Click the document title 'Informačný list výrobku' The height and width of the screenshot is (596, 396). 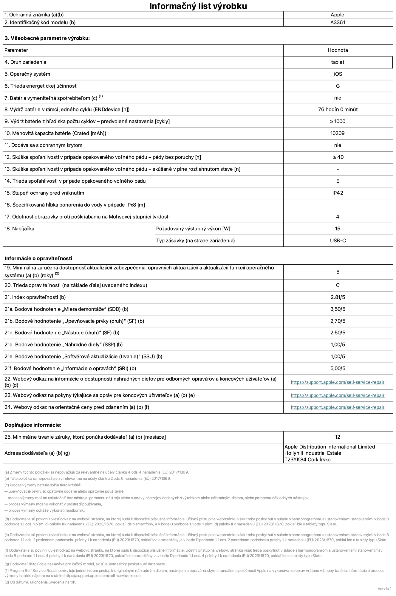pyautogui.click(x=198, y=6)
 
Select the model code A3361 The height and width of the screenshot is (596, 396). pyautogui.click(x=338, y=22)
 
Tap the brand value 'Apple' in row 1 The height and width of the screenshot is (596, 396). pyautogui.click(x=337, y=15)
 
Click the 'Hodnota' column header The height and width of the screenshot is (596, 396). pyautogui.click(x=338, y=50)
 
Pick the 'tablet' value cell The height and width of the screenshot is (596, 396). pyautogui.click(x=338, y=62)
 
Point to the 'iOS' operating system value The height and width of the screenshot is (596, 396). pyautogui.click(x=338, y=74)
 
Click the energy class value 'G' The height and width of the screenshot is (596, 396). pyautogui.click(x=338, y=86)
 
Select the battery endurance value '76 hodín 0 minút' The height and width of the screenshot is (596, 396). pyautogui.click(x=338, y=109)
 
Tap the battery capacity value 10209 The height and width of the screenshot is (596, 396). pyautogui.click(x=338, y=133)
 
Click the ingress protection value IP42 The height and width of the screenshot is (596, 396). pyautogui.click(x=338, y=193)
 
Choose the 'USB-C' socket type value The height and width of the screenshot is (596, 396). pyautogui.click(x=338, y=240)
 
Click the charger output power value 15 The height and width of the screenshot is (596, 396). pyautogui.click(x=338, y=229)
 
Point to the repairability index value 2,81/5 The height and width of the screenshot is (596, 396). pyautogui.click(x=338, y=297)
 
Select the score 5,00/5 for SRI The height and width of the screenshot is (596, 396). pyautogui.click(x=338, y=368)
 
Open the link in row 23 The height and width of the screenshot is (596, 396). pyautogui.click(x=338, y=395)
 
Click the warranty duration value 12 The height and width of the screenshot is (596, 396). pyautogui.click(x=338, y=437)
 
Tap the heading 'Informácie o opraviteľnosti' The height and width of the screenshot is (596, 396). pyautogui.click(x=38, y=258)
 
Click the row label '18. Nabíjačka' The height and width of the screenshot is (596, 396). pyautogui.click(x=19, y=229)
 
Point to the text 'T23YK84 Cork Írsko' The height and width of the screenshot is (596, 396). pyautogui.click(x=307, y=460)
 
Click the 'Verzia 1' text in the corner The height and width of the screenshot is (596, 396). pyautogui.click(x=384, y=589)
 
